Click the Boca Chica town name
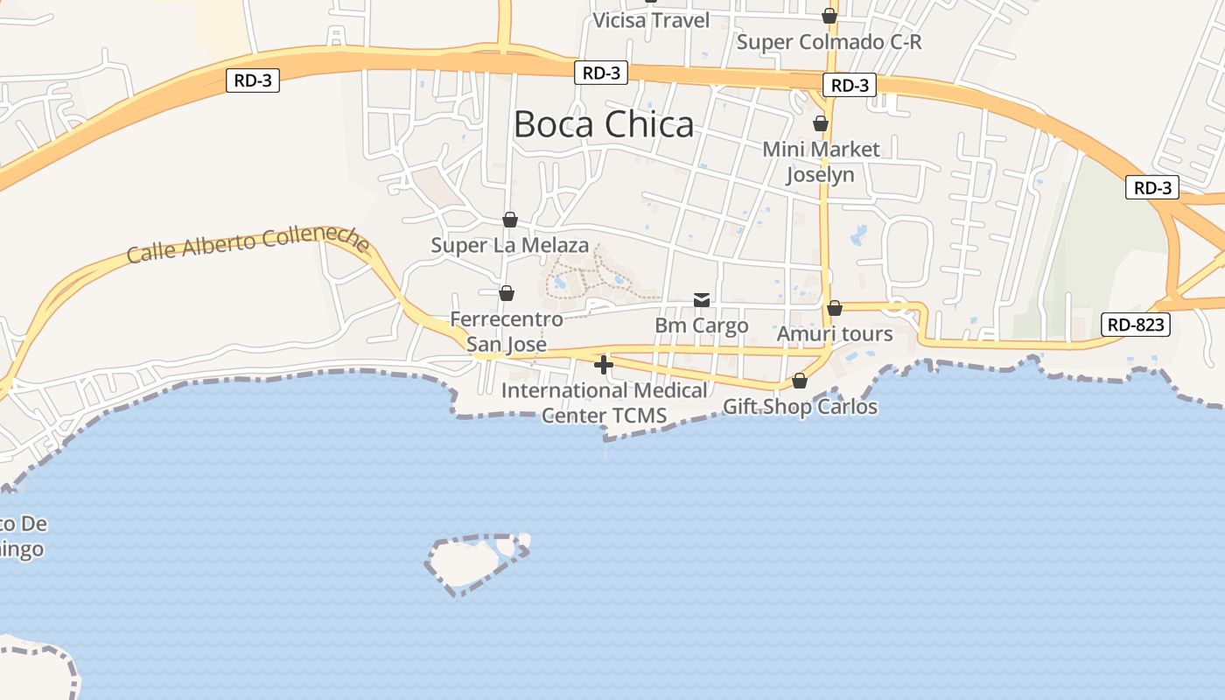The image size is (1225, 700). (603, 125)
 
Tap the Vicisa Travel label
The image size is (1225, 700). (651, 20)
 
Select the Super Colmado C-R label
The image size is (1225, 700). (829, 42)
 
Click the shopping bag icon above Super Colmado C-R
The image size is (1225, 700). (829, 16)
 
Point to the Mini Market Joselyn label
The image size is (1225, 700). (821, 162)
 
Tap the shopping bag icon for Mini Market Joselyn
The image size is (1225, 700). (821, 124)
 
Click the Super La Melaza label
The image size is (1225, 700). (509, 246)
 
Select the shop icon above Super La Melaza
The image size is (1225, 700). (509, 219)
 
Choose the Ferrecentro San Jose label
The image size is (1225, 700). (507, 332)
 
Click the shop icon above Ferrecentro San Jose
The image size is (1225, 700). (507, 293)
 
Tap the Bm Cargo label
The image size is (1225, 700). (702, 325)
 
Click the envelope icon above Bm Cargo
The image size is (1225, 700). (702, 300)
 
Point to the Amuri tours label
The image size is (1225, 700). (835, 334)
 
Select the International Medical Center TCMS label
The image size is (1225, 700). (604, 402)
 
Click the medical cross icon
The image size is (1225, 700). (604, 364)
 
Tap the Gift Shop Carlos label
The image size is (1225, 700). (800, 407)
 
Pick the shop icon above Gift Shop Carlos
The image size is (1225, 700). (800, 381)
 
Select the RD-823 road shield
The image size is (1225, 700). (1135, 325)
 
